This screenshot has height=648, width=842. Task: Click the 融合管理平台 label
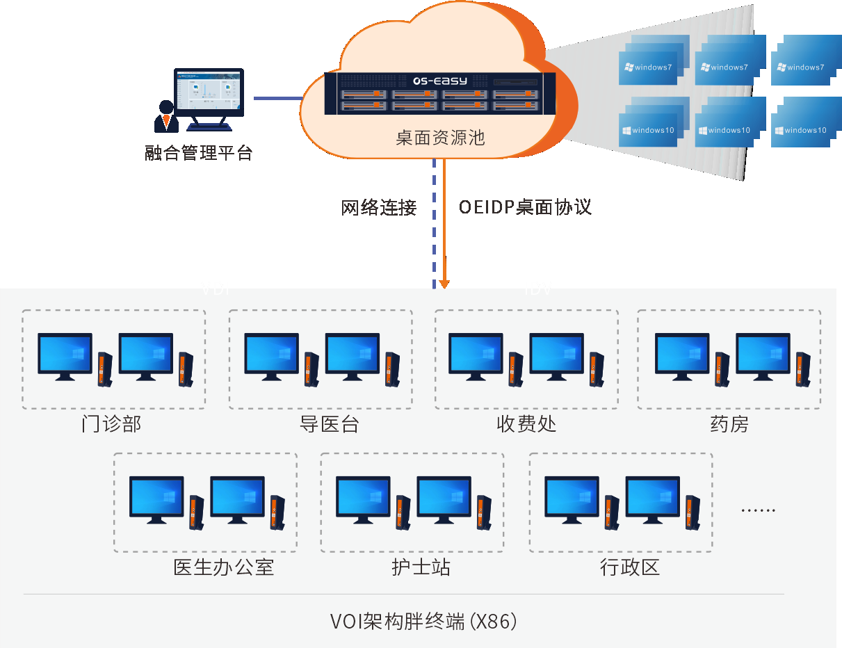[x=198, y=153]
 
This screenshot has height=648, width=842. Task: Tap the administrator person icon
[x=166, y=117]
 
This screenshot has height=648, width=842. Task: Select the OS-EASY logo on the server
[x=441, y=81]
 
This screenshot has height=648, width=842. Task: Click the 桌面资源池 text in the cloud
[x=440, y=138]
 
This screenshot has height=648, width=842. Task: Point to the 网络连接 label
[x=379, y=207]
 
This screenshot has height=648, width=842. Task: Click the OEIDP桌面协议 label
[x=525, y=207]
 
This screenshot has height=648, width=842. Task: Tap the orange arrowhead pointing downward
[x=444, y=284]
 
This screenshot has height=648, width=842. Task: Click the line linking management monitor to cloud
[x=278, y=98]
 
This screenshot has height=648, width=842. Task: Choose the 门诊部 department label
[x=111, y=424]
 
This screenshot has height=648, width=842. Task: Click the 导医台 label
[x=329, y=424]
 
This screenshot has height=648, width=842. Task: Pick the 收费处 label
[x=526, y=424]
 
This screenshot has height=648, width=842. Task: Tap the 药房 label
[x=729, y=424]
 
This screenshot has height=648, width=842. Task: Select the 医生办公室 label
[x=223, y=567]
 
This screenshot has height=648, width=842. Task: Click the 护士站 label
[x=421, y=567]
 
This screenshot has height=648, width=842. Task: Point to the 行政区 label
[x=629, y=567]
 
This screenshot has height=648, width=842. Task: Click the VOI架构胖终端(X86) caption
[x=423, y=621]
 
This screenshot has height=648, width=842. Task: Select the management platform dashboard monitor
[x=209, y=94]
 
